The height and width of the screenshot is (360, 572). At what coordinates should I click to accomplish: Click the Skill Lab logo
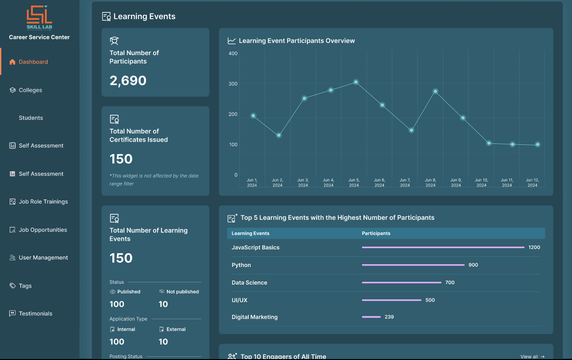point(39,17)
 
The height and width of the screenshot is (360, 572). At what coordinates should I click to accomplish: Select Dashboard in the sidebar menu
point(33,62)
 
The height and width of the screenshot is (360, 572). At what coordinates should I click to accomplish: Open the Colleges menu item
point(30,90)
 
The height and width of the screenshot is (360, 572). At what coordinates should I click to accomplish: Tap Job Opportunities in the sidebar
point(43,230)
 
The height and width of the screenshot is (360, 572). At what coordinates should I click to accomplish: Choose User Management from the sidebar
point(43,258)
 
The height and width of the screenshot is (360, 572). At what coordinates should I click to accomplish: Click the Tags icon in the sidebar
point(12,286)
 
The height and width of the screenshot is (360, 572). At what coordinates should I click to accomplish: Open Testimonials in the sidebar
point(35,314)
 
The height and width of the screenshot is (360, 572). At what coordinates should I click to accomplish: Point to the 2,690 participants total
point(128,81)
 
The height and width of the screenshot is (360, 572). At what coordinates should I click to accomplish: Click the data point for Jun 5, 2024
point(356,82)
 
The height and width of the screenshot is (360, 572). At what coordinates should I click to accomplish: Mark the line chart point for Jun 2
point(278,136)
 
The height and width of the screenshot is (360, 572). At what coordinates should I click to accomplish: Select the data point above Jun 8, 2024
point(435,91)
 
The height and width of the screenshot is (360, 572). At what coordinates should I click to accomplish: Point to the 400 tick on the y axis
point(233,54)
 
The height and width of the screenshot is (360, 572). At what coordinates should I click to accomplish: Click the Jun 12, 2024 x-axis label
point(532,182)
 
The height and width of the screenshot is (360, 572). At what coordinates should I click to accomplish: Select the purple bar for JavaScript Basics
point(443,248)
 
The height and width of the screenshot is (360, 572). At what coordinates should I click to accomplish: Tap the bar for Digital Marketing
point(371,317)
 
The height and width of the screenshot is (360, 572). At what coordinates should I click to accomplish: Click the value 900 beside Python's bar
point(473,265)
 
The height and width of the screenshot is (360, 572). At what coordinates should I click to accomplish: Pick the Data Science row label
point(249,283)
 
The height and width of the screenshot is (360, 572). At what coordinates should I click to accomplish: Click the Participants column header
point(376,233)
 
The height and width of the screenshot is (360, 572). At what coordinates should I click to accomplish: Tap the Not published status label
point(182,292)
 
